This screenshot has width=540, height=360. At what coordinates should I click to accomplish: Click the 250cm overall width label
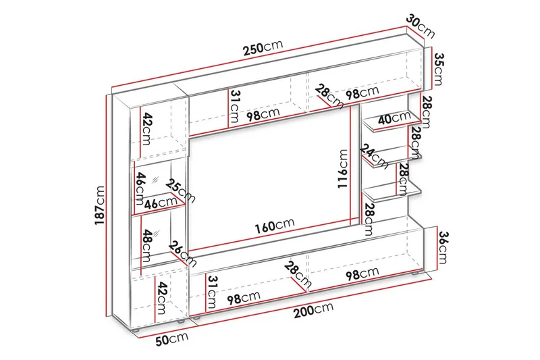pos(263,47)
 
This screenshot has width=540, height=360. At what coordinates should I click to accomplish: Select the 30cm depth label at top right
pos(420,26)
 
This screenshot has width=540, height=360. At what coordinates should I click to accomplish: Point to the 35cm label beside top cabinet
pos(438,68)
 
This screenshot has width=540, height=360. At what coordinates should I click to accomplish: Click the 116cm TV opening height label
pos(342,169)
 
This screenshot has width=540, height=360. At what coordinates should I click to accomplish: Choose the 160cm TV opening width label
pos(275,225)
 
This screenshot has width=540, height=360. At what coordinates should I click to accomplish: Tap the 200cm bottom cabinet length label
pos(313,310)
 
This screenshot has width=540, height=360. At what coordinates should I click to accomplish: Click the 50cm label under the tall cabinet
pos(172,339)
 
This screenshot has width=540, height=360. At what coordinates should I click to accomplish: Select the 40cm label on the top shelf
pos(394,118)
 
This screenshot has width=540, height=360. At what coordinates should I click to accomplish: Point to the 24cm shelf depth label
pos(375,157)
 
